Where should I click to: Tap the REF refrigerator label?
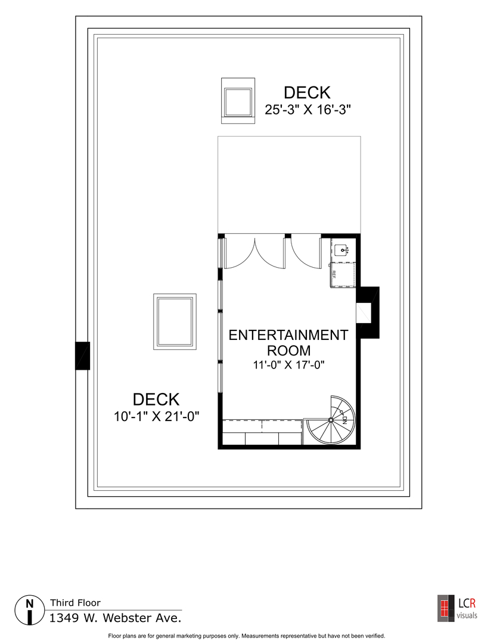click(334, 274)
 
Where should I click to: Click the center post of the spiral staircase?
click(331, 420)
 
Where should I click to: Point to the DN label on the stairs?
click(344, 419)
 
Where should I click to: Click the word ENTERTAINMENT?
click(288, 335)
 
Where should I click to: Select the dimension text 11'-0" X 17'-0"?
click(288, 365)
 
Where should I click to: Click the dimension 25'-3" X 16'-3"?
click(307, 110)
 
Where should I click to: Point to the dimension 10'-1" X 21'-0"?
click(156, 417)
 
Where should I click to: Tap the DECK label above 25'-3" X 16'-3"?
click(307, 93)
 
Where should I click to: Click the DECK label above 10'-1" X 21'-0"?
click(156, 400)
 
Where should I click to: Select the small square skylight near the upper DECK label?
click(238, 101)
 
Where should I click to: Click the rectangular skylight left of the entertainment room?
click(175, 322)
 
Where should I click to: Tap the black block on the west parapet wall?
click(82, 355)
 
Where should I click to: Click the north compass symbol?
click(29, 609)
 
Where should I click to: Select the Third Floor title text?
click(75, 603)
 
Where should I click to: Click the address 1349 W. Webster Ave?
click(115, 618)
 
